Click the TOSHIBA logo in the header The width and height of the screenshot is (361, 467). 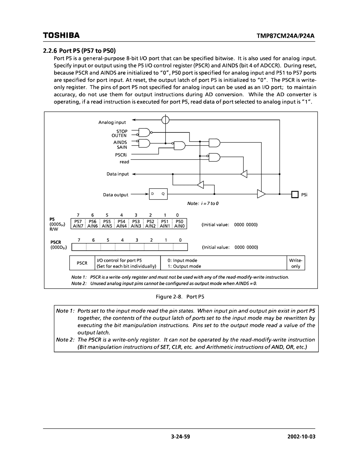61,35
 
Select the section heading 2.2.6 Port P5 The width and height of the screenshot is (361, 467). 79,51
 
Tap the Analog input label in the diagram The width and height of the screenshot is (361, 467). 112,123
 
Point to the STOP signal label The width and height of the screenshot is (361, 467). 122,131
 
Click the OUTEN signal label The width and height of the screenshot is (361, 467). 119,136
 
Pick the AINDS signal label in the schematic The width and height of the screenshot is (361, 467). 119,142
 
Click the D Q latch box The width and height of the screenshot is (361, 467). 158,194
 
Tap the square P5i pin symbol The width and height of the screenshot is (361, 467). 294,194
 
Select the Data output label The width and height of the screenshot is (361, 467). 115,195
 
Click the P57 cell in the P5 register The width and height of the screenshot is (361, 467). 78,221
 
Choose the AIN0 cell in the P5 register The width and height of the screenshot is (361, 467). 179,226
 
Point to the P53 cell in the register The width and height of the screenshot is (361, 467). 136,221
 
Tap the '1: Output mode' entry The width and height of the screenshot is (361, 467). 185,266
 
